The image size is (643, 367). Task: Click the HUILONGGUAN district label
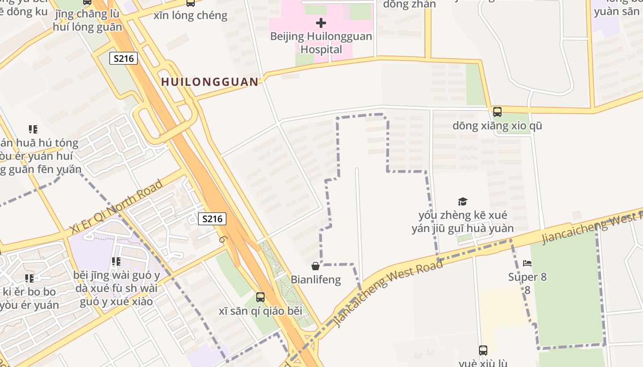(x=210, y=82)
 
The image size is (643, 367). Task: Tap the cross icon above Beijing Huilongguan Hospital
(x=321, y=22)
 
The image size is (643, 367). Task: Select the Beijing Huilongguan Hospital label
(x=321, y=43)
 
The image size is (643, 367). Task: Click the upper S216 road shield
(x=124, y=58)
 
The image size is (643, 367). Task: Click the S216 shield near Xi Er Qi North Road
(x=212, y=219)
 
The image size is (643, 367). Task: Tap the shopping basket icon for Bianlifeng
(x=316, y=266)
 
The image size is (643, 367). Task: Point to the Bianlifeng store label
(x=316, y=279)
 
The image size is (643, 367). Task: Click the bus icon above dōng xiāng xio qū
(x=497, y=111)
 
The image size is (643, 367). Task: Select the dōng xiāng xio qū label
(x=497, y=125)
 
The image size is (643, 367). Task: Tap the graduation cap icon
(x=463, y=201)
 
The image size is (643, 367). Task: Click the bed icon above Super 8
(x=527, y=263)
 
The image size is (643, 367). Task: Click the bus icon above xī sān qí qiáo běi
(x=260, y=297)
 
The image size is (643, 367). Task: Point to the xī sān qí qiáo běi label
(x=260, y=311)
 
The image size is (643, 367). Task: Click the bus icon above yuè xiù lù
(x=483, y=350)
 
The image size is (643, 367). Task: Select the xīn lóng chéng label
(x=190, y=15)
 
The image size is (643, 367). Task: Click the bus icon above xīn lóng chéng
(x=190, y=3)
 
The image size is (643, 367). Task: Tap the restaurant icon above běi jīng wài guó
(x=116, y=261)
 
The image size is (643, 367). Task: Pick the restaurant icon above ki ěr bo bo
(x=29, y=278)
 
